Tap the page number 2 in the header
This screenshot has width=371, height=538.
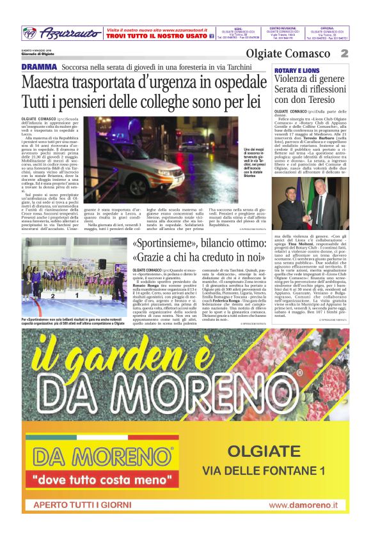pyautogui.click(x=344, y=54)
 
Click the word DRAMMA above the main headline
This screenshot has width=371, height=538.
pyautogui.click(x=39, y=67)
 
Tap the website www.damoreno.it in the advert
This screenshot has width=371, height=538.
pyautogui.click(x=309, y=505)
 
